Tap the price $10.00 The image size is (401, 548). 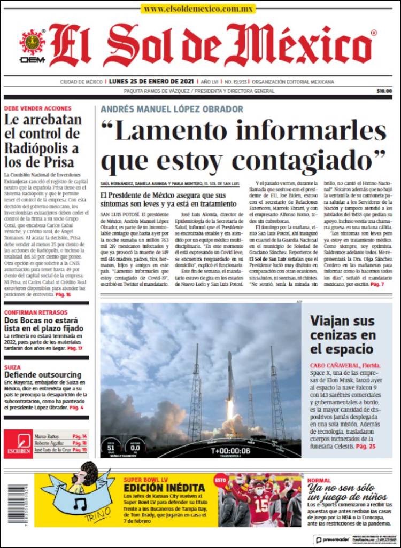coord(384,91)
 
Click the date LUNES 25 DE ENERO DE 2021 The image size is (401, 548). coord(151,82)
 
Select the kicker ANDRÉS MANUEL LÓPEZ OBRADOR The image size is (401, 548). coord(172,109)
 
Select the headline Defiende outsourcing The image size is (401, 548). coord(43,375)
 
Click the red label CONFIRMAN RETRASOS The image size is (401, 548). coord(37,312)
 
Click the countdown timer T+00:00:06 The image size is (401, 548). coord(230,450)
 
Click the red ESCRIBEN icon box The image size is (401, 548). coord(18,443)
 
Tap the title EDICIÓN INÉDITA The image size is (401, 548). coord(164,488)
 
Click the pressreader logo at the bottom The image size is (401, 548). coord(336,540)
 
